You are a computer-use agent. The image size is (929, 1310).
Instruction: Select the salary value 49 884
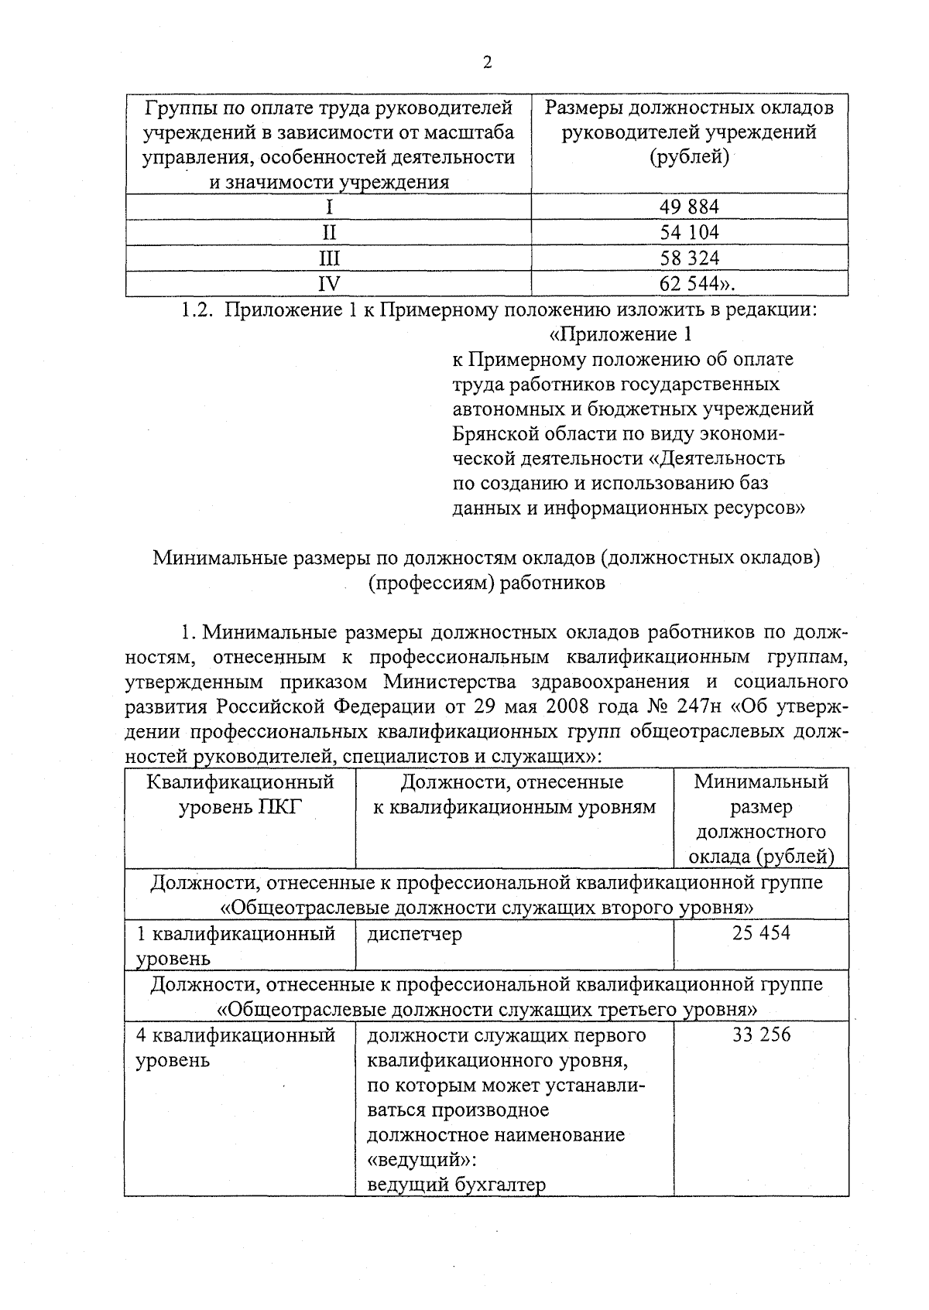pos(689,207)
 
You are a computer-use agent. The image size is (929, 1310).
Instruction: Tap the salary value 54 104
pos(689,232)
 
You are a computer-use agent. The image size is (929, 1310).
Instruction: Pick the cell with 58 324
pos(689,258)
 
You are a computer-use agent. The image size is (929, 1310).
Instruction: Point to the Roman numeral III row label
pos(330,258)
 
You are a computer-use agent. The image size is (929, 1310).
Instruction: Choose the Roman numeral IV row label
pos(330,283)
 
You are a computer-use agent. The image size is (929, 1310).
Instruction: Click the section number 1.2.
pos(197,310)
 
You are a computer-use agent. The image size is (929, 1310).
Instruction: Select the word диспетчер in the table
pos(414,933)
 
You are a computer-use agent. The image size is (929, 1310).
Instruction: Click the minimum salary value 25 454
pos(761,932)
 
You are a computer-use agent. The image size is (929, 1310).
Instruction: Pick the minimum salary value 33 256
pos(761,1035)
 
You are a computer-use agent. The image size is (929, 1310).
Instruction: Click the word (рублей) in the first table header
pos(689,157)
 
